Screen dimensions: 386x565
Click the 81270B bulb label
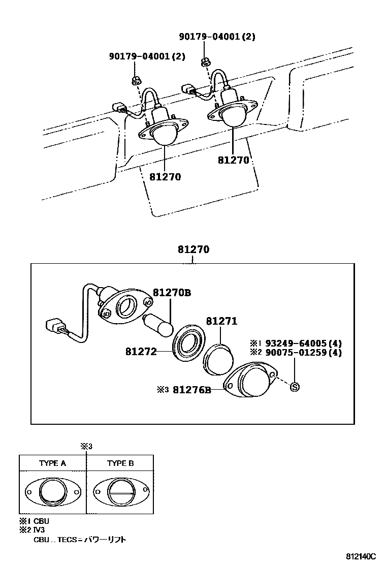172,293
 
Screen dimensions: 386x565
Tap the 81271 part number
221,321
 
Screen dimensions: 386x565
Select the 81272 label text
141,351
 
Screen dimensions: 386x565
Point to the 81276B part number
192,390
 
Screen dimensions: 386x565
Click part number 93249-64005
296,343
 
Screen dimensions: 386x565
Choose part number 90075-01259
296,352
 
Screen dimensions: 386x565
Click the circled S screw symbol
295,387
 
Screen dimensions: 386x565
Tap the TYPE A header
53,463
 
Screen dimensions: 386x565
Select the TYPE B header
120,463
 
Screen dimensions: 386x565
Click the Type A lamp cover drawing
53,491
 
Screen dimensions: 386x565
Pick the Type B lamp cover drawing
121,491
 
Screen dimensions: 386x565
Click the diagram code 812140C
361,556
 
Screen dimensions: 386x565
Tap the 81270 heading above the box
194,249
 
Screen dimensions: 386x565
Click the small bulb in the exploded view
158,325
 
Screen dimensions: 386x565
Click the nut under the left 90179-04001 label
136,80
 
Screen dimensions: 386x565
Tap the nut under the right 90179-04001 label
205,62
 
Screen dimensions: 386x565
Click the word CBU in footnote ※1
41,521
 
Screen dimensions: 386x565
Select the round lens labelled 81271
218,360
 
